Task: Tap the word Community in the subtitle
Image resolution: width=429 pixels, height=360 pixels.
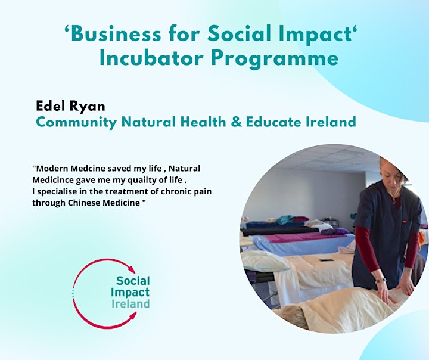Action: click(76, 123)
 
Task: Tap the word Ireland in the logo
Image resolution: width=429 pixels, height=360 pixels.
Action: click(130, 303)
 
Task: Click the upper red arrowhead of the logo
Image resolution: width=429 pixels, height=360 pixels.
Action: click(132, 269)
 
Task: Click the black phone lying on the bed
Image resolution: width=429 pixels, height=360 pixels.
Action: click(327, 260)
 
